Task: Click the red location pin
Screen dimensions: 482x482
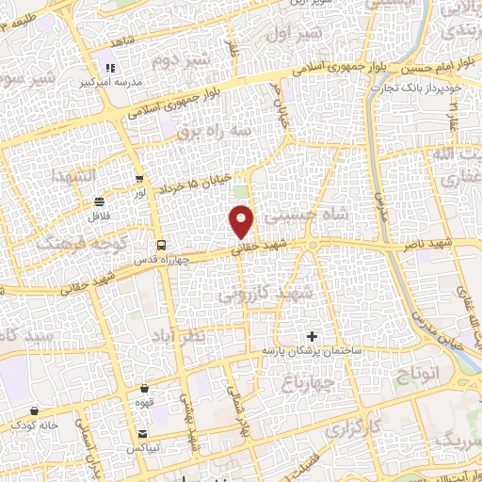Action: point(242,222)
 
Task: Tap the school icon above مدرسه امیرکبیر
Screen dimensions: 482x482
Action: point(110,68)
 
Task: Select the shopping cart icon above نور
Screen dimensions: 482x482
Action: point(139,178)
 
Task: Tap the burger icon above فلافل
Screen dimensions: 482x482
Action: point(100,201)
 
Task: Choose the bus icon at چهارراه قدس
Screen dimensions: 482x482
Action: point(160,243)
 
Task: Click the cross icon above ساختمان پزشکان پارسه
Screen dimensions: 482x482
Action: point(313,336)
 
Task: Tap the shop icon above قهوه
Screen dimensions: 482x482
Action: point(145,388)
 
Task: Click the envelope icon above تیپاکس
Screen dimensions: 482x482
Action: point(141,434)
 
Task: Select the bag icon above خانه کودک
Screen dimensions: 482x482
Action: point(35,410)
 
